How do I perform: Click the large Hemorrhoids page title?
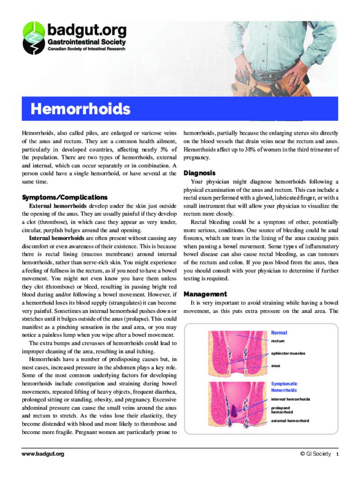pyautogui.click(x=80, y=109)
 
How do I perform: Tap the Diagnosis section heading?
pyautogui.click(x=200, y=173)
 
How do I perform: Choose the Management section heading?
pyautogui.click(x=205, y=294)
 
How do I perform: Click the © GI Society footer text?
pyautogui.click(x=316, y=454)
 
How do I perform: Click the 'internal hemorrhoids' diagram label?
pyautogui.click(x=290, y=399)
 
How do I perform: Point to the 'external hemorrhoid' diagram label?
pyautogui.click(x=290, y=421)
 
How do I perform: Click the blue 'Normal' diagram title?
pyautogui.click(x=279, y=333)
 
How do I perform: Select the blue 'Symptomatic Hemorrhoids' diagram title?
pyautogui.click(x=284, y=387)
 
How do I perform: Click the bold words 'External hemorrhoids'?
pyautogui.click(x=58, y=206)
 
